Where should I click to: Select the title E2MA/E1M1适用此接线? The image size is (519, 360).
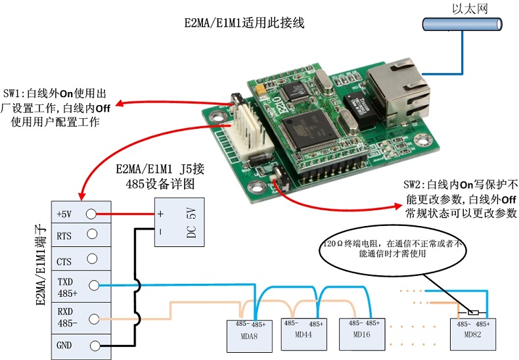point(244,23)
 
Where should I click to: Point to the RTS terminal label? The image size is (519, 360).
point(64,235)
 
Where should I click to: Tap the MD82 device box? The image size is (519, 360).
point(474,330)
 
